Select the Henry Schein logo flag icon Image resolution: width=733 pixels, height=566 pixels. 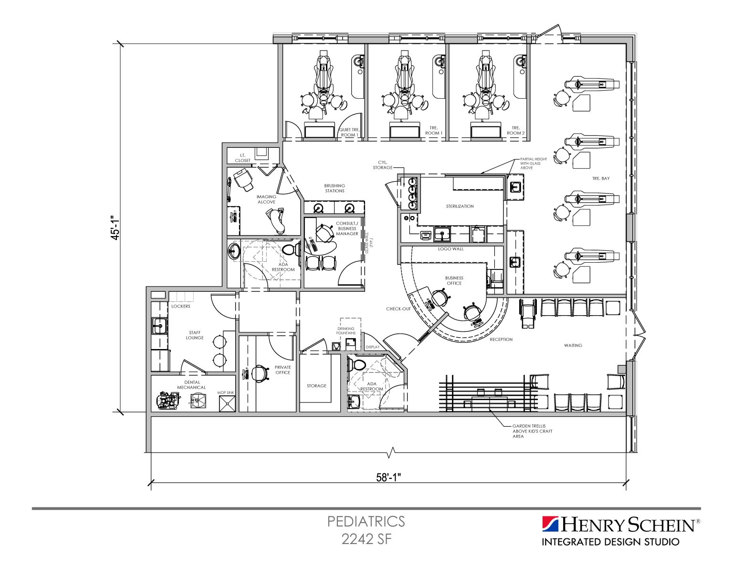click(x=550, y=524)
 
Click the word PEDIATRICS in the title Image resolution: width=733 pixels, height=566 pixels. click(x=366, y=521)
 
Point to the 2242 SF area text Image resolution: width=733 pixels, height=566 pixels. click(x=366, y=539)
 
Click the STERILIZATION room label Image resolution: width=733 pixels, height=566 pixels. click(x=460, y=206)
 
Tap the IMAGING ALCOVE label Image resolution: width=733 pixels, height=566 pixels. click(x=266, y=199)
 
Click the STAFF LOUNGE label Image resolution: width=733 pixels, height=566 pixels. click(x=195, y=335)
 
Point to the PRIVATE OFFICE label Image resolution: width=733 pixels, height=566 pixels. click(x=283, y=370)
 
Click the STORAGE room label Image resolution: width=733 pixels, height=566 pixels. click(x=316, y=386)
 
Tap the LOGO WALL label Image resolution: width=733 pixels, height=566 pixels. click(x=450, y=249)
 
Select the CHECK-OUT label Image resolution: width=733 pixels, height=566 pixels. click(x=398, y=309)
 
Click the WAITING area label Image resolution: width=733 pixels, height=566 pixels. click(x=573, y=345)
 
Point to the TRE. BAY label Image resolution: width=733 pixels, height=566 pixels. click(x=601, y=178)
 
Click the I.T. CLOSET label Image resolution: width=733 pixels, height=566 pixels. click(x=242, y=158)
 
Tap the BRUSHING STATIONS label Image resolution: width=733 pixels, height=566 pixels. click(x=335, y=188)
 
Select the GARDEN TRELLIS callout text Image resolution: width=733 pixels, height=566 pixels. click(x=529, y=431)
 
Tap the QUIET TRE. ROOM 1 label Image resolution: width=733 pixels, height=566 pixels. click(x=349, y=132)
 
